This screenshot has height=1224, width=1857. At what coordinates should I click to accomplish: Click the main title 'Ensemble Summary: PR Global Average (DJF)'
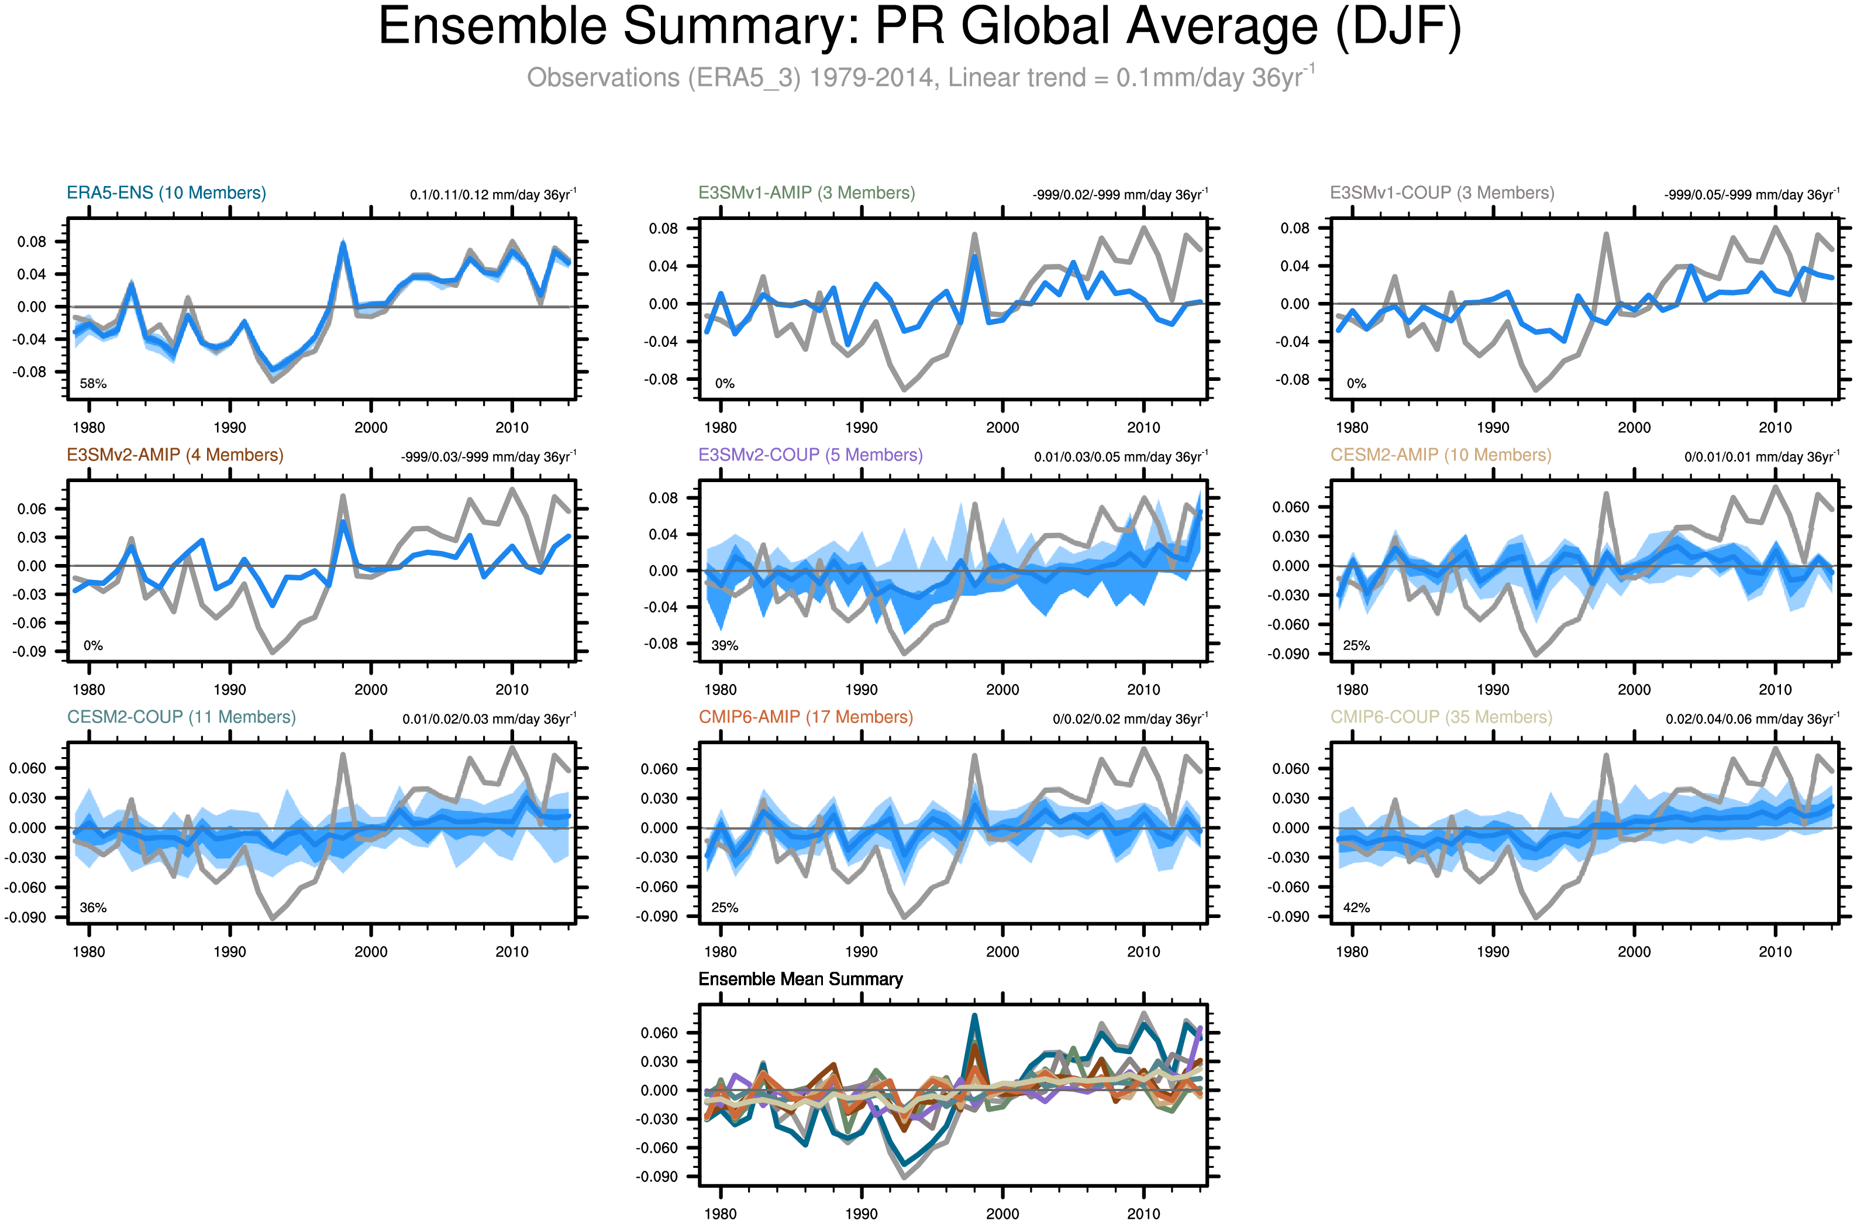pos(919,27)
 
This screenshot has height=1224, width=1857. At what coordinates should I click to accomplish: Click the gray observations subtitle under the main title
pos(919,77)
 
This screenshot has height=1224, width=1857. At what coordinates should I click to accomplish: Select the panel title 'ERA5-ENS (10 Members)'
pos(166,193)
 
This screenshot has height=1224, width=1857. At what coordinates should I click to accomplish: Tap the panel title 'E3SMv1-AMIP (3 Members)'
pos(806,193)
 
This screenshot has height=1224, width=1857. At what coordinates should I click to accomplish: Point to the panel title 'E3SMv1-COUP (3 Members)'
pos(1441,193)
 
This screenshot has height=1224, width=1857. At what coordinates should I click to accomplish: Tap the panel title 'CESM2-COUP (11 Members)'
pos(181,717)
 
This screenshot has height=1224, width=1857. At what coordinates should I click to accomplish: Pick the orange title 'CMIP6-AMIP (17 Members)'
pos(805,717)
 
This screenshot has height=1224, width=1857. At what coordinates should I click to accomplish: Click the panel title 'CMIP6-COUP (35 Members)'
pos(1441,717)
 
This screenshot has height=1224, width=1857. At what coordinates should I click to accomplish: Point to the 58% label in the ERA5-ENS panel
pos(93,384)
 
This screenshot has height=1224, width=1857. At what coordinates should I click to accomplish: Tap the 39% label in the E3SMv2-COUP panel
pos(724,645)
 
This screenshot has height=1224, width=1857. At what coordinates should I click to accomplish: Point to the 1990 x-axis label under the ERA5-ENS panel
pos(229,428)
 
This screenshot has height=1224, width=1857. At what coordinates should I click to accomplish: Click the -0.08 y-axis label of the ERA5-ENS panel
pos(29,372)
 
